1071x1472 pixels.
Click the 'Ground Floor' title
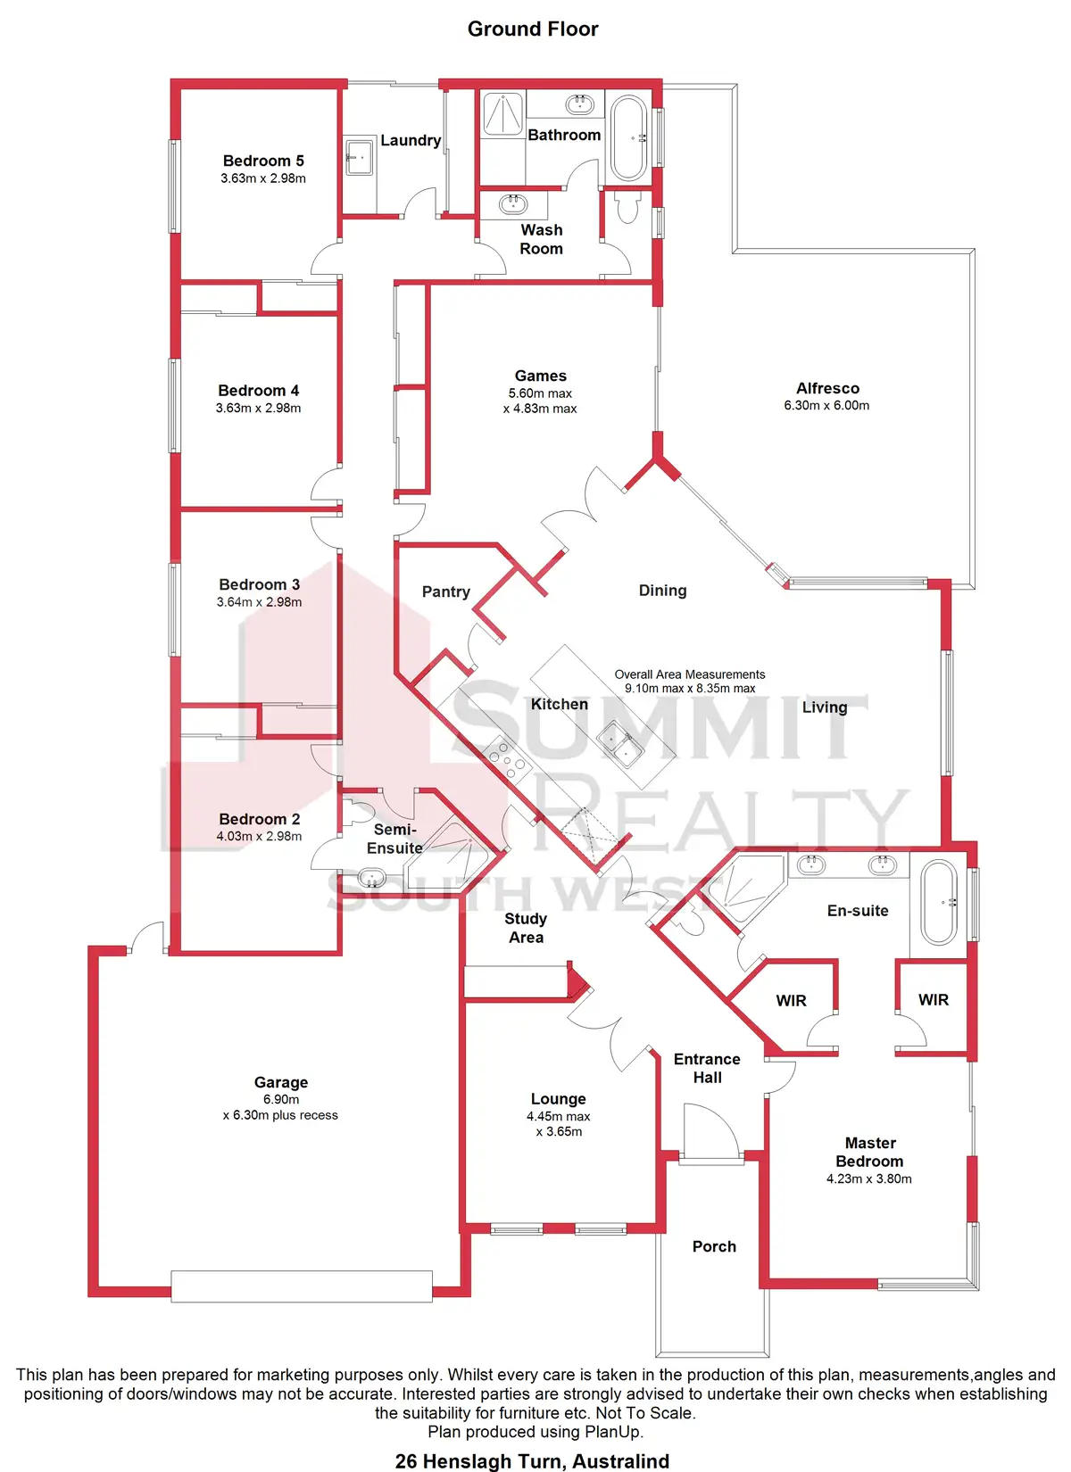click(x=533, y=29)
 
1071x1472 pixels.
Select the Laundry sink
click(x=360, y=157)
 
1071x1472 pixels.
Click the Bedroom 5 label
click(x=263, y=161)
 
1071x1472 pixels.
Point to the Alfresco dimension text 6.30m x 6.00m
click(x=826, y=405)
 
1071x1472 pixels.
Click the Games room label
click(x=540, y=376)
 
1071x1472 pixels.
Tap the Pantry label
click(x=445, y=591)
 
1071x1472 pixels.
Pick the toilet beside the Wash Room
click(x=628, y=207)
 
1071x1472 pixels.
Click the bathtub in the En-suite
click(x=938, y=902)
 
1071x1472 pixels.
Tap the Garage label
click(x=280, y=1082)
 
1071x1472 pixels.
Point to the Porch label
click(x=714, y=1246)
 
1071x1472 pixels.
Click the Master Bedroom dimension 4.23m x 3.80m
click(x=868, y=1178)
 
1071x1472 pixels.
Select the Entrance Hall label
click(x=707, y=1068)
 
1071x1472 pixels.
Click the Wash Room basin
click(x=513, y=204)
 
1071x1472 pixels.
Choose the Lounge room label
click(x=558, y=1099)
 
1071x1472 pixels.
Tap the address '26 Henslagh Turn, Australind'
click(x=532, y=1461)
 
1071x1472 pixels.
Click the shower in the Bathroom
click(x=502, y=113)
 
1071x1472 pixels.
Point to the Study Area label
click(x=526, y=928)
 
